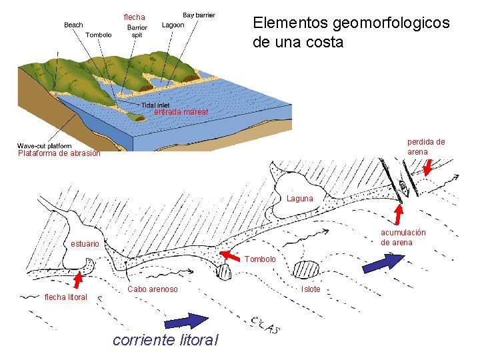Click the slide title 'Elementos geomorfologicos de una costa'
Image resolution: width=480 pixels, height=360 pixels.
pyautogui.click(x=351, y=32)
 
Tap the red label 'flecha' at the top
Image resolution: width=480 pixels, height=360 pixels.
pyautogui.click(x=134, y=17)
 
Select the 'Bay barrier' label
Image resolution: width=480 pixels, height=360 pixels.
pyautogui.click(x=199, y=15)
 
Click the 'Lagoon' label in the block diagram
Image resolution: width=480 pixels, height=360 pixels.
pyautogui.click(x=174, y=25)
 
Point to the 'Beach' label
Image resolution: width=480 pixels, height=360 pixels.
pyautogui.click(x=73, y=25)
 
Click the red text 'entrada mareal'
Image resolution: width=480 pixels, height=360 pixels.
pyautogui.click(x=181, y=112)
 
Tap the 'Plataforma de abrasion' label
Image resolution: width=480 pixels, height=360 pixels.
pyautogui.click(x=59, y=154)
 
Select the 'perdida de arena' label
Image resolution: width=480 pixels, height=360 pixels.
pyautogui.click(x=426, y=146)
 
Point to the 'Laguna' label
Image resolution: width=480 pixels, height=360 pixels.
pyautogui.click(x=299, y=199)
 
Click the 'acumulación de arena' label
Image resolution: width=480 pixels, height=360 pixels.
pyautogui.click(x=403, y=237)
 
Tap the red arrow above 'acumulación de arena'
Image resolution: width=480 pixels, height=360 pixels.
pyautogui.click(x=399, y=214)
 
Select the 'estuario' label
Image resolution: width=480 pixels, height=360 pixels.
pyautogui.click(x=85, y=244)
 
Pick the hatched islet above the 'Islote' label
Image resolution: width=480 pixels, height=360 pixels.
pyautogui.click(x=307, y=270)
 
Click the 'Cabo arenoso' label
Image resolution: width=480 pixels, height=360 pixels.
pyautogui.click(x=153, y=289)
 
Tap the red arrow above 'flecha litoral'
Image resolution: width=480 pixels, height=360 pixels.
pyautogui.click(x=80, y=279)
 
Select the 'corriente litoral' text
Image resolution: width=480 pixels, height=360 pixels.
pyautogui.click(x=166, y=340)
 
